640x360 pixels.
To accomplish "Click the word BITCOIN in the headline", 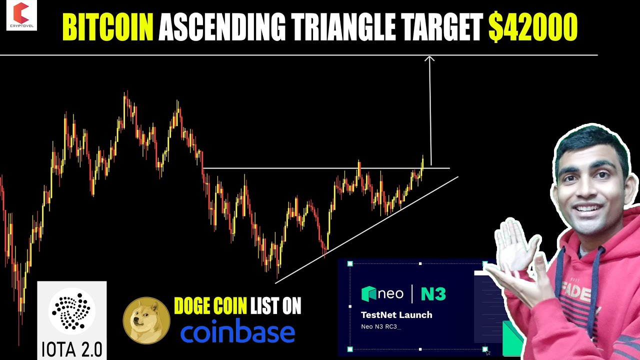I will coord(107,27).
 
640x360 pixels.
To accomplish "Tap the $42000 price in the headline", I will coord(533,27).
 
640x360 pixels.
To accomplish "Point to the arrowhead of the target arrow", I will coord(429,59).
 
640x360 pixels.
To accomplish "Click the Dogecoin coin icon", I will coord(146,320).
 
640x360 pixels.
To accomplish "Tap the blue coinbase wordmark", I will coord(237,332).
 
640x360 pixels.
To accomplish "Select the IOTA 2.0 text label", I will coord(72,349).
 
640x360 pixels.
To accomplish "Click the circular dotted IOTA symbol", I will coord(72,311).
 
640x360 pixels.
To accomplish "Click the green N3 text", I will coord(433,293).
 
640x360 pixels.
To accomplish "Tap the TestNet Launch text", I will coord(396,315).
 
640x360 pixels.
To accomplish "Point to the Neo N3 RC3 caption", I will coord(381,326).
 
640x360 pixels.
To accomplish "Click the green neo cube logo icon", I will coord(369,293).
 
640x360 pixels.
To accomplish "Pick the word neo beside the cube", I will coord(390,293).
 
